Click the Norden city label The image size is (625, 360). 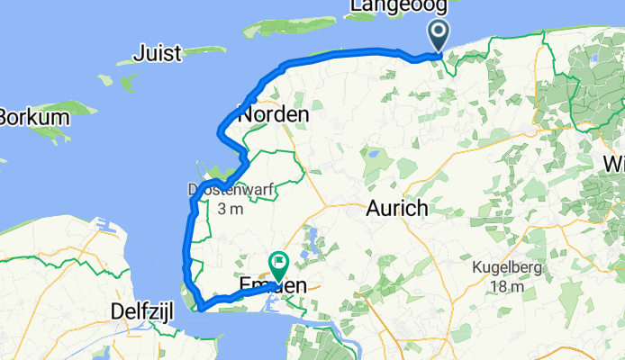pyautogui.click(x=274, y=115)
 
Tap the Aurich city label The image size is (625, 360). pyautogui.click(x=396, y=208)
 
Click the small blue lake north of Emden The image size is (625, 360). pyautogui.click(x=312, y=238)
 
